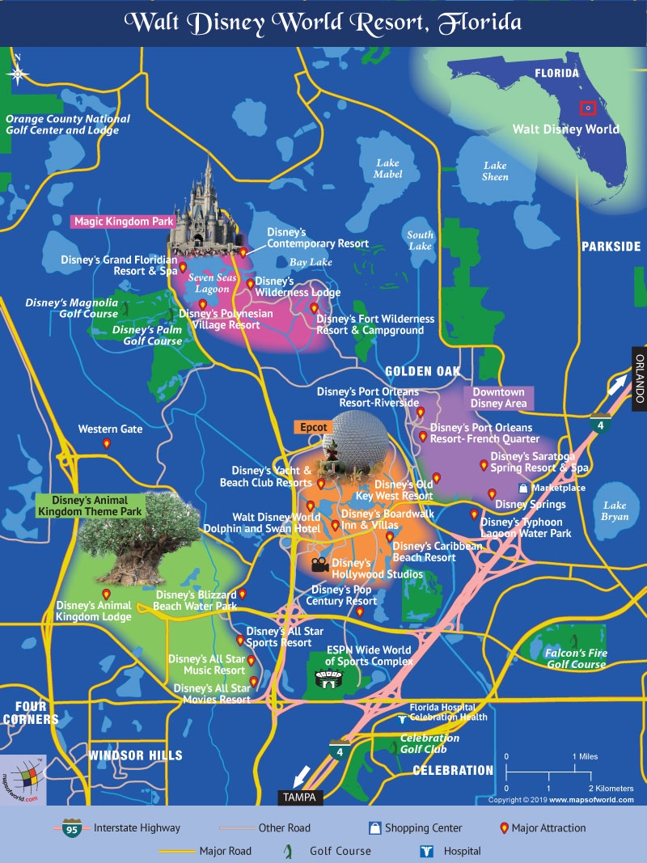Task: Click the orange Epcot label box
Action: click(x=313, y=427)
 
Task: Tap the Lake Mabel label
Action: click(x=387, y=168)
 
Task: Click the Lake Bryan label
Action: click(x=615, y=511)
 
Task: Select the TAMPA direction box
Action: click(x=301, y=797)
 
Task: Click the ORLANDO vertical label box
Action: click(x=638, y=379)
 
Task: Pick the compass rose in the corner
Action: click(x=18, y=73)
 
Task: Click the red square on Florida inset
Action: click(x=588, y=108)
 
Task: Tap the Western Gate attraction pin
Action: click(x=106, y=444)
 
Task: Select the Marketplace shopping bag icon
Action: click(x=523, y=489)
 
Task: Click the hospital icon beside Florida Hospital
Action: click(x=402, y=717)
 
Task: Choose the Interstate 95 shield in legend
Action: click(x=70, y=828)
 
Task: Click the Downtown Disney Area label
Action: click(x=498, y=398)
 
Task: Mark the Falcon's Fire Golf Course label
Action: click(x=577, y=658)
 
